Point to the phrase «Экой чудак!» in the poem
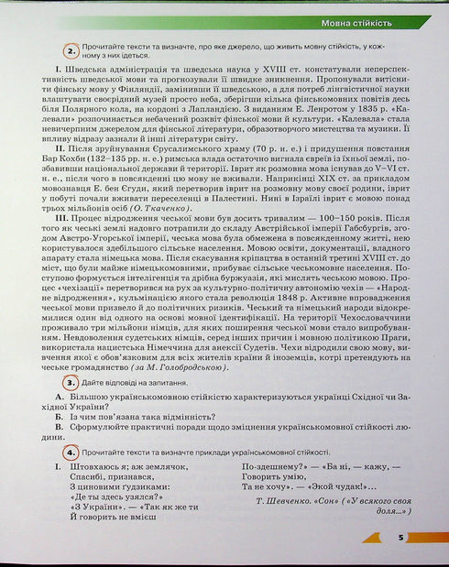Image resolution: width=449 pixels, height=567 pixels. click(x=343, y=488)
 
